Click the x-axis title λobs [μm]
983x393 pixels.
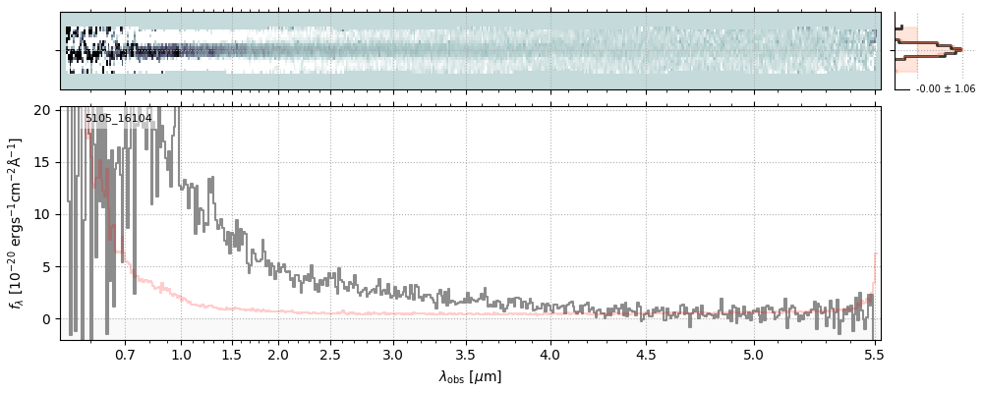(x=470, y=376)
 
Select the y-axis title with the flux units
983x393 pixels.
(x=17, y=224)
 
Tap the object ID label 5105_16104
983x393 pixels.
(x=118, y=118)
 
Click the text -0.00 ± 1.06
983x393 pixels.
(x=945, y=89)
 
